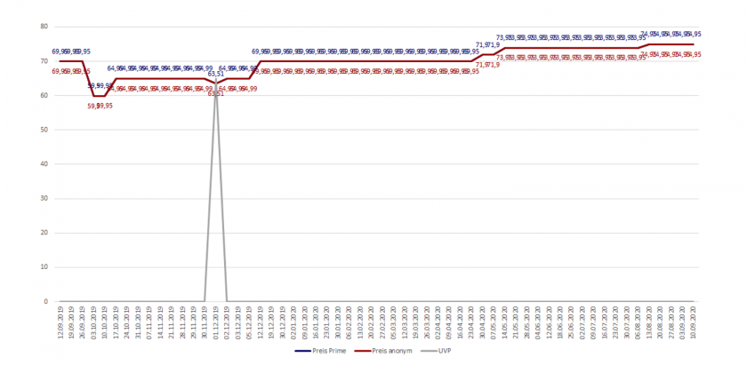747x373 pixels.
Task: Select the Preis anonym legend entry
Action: [385, 352]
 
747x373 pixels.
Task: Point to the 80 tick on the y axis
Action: [44, 27]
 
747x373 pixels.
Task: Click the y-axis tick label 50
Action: [44, 130]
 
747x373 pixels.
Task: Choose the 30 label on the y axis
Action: [44, 198]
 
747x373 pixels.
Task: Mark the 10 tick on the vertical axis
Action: [44, 267]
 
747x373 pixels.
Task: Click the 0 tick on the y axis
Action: [45, 302]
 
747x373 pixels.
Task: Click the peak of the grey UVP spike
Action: [216, 83]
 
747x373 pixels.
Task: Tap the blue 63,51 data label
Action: [216, 75]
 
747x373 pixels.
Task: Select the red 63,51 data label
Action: [216, 93]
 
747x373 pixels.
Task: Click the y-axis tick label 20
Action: [44, 233]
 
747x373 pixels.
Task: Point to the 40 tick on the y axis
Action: [44, 164]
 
